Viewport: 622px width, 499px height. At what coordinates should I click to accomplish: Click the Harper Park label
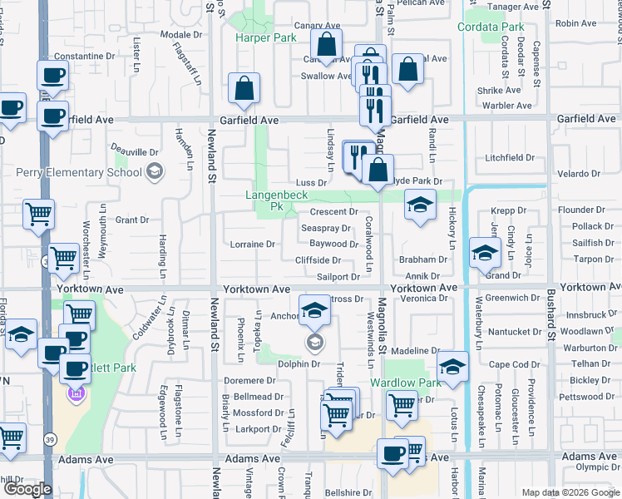click(x=265, y=38)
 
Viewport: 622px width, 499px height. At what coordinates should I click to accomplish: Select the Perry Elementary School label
click(x=79, y=173)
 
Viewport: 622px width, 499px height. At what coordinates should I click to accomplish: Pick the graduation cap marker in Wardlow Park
click(x=452, y=368)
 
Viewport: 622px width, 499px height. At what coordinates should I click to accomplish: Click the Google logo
click(x=29, y=489)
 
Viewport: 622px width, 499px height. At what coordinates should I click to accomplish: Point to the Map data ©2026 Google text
click(x=570, y=492)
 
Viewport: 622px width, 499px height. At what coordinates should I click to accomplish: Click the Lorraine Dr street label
click(x=252, y=245)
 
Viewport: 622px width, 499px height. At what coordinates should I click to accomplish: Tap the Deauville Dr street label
click(x=136, y=152)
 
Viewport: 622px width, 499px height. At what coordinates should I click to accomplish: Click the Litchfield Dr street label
click(x=510, y=157)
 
